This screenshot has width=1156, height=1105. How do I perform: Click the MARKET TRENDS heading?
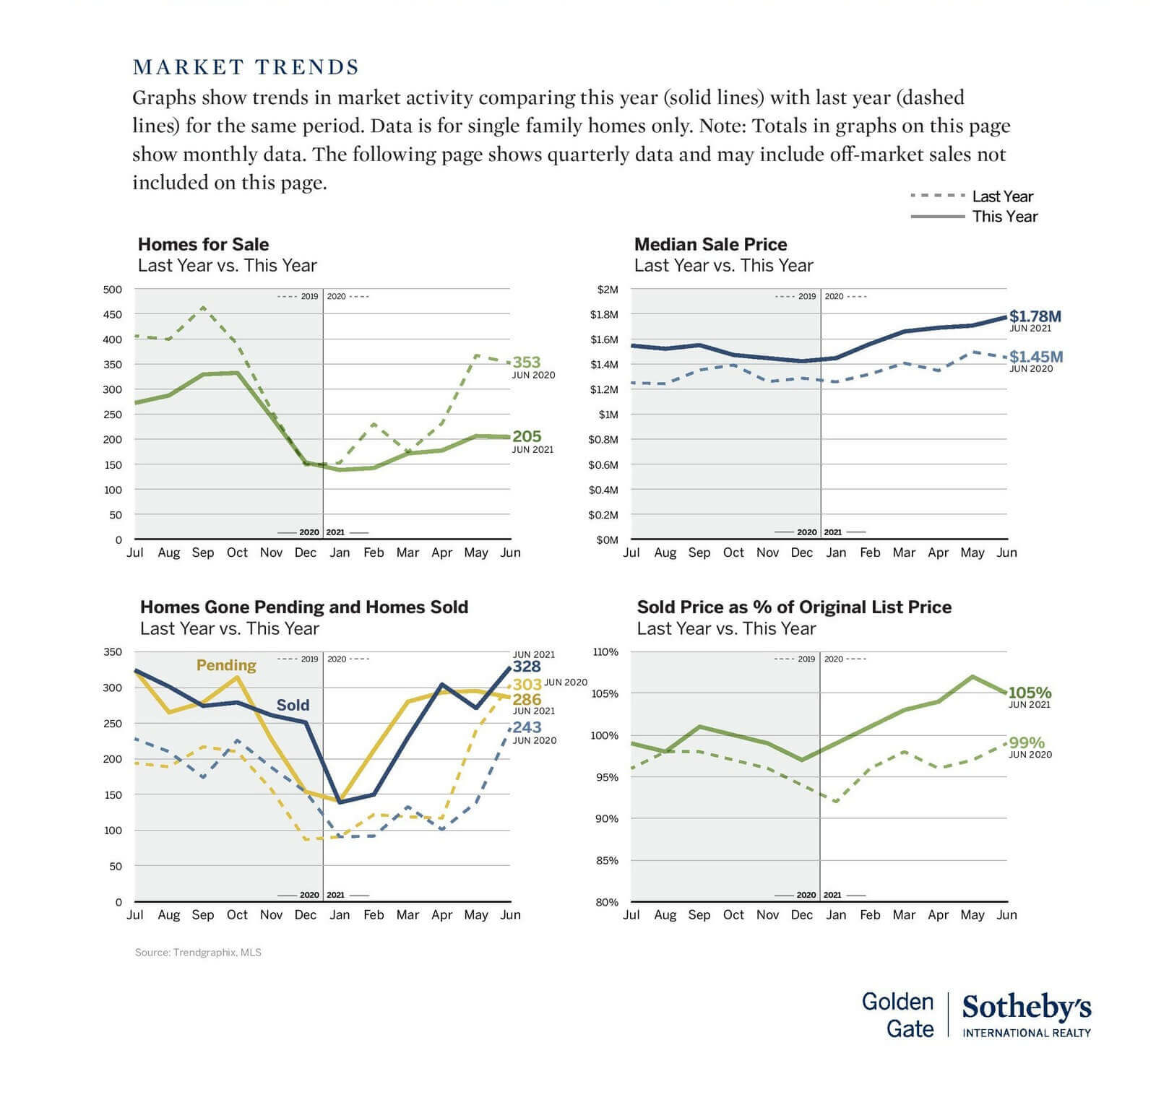click(x=246, y=67)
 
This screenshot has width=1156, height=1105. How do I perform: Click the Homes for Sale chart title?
click(x=203, y=244)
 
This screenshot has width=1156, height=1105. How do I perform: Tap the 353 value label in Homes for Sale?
click(x=527, y=362)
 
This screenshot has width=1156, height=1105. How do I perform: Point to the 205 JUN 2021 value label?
click(x=527, y=436)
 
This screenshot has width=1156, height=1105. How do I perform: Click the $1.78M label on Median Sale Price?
click(x=1035, y=316)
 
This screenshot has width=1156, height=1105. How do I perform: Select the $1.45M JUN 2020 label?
click(x=1035, y=357)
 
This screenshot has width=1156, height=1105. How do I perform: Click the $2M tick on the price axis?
click(x=608, y=290)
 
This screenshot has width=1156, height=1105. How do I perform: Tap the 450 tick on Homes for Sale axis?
click(x=113, y=314)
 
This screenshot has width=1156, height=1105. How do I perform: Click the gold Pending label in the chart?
click(x=226, y=665)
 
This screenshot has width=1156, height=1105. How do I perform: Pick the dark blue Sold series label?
click(x=293, y=705)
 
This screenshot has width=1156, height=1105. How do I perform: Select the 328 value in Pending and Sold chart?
click(x=527, y=667)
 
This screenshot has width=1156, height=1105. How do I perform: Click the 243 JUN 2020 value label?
click(x=527, y=727)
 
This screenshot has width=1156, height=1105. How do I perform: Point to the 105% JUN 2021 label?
click(x=1030, y=693)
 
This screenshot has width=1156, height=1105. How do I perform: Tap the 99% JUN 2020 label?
click(x=1027, y=743)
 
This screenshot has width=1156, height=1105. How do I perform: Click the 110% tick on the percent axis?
click(x=605, y=651)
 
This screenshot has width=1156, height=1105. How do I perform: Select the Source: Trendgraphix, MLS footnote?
click(x=198, y=953)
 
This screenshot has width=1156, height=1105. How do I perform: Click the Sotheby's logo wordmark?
click(x=1026, y=1007)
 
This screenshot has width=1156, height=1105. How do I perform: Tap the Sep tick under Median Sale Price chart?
click(x=699, y=552)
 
